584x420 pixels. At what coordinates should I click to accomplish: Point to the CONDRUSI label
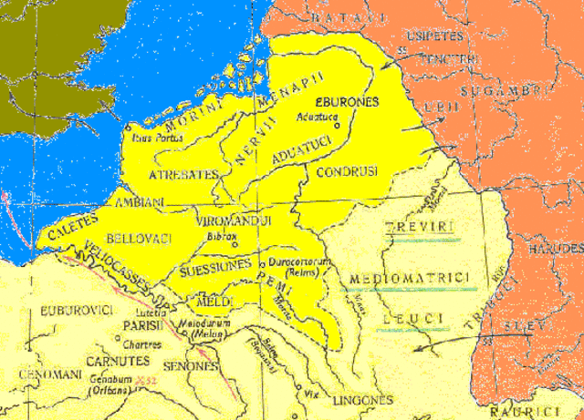pos(345,171)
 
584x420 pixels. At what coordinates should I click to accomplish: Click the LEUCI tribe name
pos(415,317)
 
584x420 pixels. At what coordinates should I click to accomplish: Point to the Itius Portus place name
pos(158,138)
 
